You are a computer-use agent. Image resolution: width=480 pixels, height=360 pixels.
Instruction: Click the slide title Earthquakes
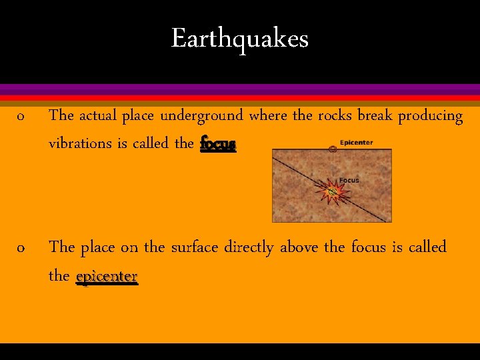[240, 39]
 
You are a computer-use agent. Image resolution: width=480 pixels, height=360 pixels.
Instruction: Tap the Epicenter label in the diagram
[356, 142]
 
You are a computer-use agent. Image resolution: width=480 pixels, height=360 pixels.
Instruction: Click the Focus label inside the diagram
[349, 180]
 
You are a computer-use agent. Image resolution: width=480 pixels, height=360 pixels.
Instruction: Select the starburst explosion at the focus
[333, 193]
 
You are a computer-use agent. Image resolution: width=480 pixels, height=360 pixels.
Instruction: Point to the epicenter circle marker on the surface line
[333, 149]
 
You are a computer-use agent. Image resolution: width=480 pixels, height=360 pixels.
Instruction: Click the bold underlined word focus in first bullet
[218, 143]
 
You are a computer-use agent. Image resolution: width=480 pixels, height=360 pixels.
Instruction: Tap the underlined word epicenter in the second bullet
[107, 275]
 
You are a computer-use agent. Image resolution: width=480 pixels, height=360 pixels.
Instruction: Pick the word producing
[430, 116]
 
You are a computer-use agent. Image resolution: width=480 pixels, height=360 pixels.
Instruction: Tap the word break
[375, 116]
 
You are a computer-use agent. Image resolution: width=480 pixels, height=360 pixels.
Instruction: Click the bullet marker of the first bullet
[21, 117]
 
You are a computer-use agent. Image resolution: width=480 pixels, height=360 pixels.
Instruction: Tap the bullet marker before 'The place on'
[21, 249]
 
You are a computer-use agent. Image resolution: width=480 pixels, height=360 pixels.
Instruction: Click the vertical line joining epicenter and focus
[333, 170]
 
